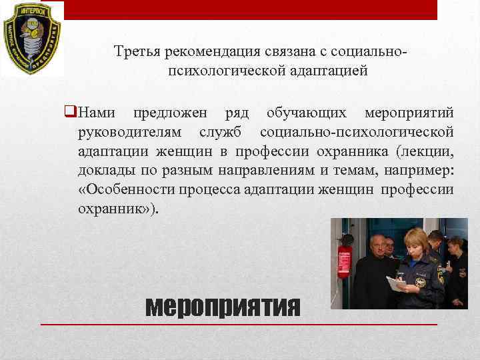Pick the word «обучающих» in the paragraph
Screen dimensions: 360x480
tap(306, 112)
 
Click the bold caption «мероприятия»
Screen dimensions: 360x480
tap(223, 306)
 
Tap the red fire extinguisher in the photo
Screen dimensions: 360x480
tap(345, 261)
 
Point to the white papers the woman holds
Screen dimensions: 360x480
tap(397, 283)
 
